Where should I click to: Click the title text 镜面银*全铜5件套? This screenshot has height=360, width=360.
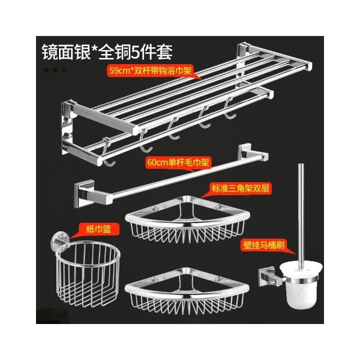(x=107, y=52)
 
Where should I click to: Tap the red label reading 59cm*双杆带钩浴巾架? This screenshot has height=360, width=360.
(x=150, y=71)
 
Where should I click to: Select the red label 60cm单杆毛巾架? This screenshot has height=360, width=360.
(x=178, y=163)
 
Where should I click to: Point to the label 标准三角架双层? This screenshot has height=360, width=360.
(x=240, y=188)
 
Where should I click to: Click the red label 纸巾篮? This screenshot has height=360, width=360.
(x=99, y=229)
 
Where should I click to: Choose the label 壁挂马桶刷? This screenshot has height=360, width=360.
(x=264, y=245)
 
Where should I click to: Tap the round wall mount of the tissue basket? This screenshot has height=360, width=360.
(x=60, y=241)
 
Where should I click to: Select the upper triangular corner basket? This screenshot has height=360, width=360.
(x=187, y=220)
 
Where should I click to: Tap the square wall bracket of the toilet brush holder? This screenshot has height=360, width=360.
(x=267, y=277)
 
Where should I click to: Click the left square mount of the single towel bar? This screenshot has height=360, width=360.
(x=84, y=193)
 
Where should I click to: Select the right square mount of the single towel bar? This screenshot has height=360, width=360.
(x=245, y=151)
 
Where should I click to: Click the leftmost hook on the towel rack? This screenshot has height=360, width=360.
(x=107, y=152)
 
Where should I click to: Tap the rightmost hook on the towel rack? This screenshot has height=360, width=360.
(x=230, y=109)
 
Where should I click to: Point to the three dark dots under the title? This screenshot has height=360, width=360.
(x=55, y=70)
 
